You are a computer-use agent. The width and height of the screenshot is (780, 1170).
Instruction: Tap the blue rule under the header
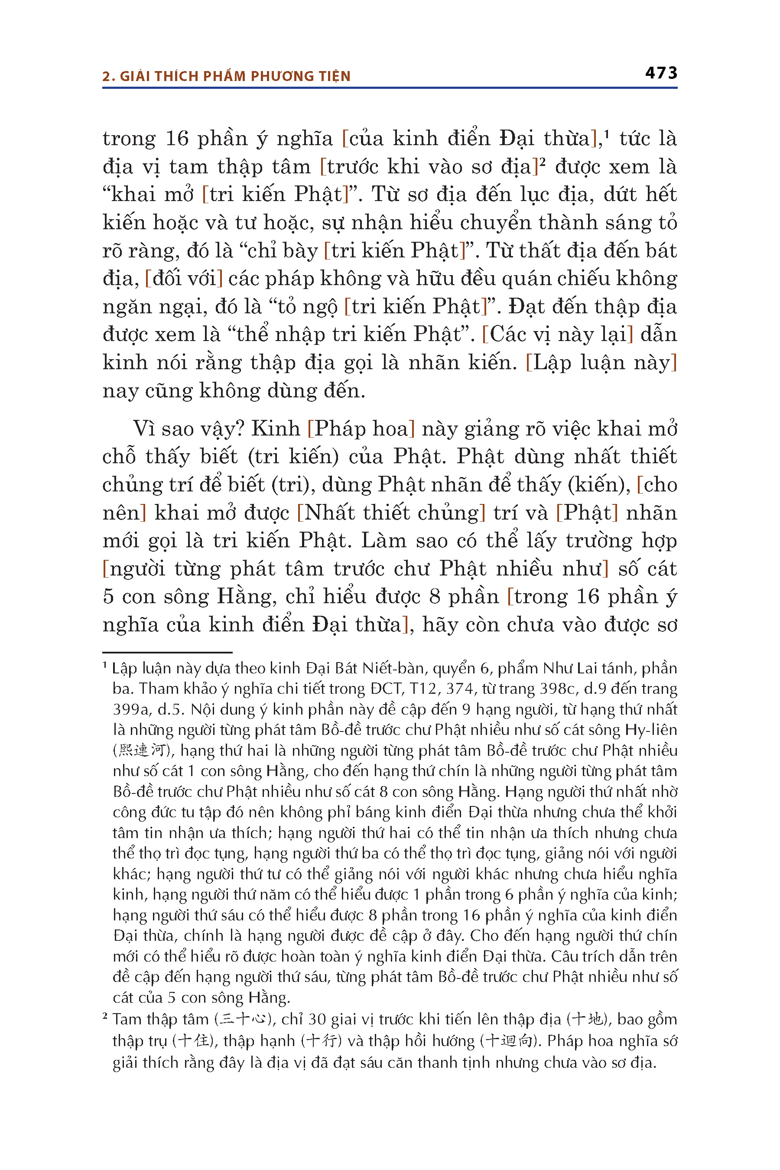point(390,88)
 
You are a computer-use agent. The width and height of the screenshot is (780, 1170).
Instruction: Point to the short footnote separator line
point(167,652)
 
